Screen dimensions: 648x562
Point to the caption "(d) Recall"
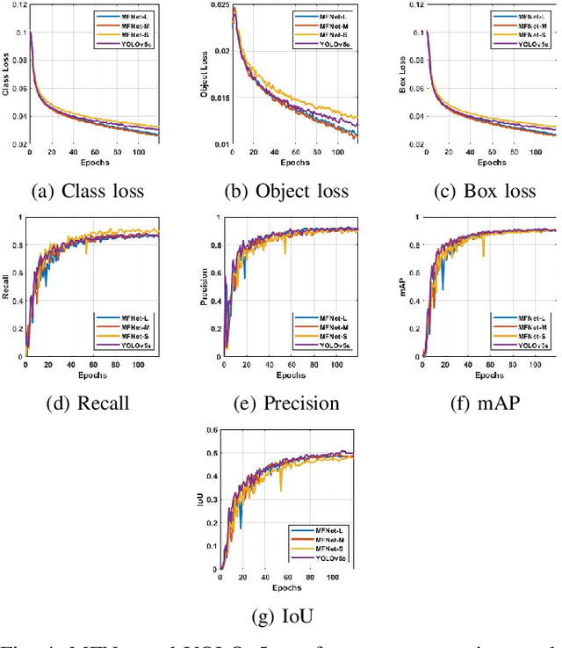coord(88,404)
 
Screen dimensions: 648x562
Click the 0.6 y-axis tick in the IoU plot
coord(212,430)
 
